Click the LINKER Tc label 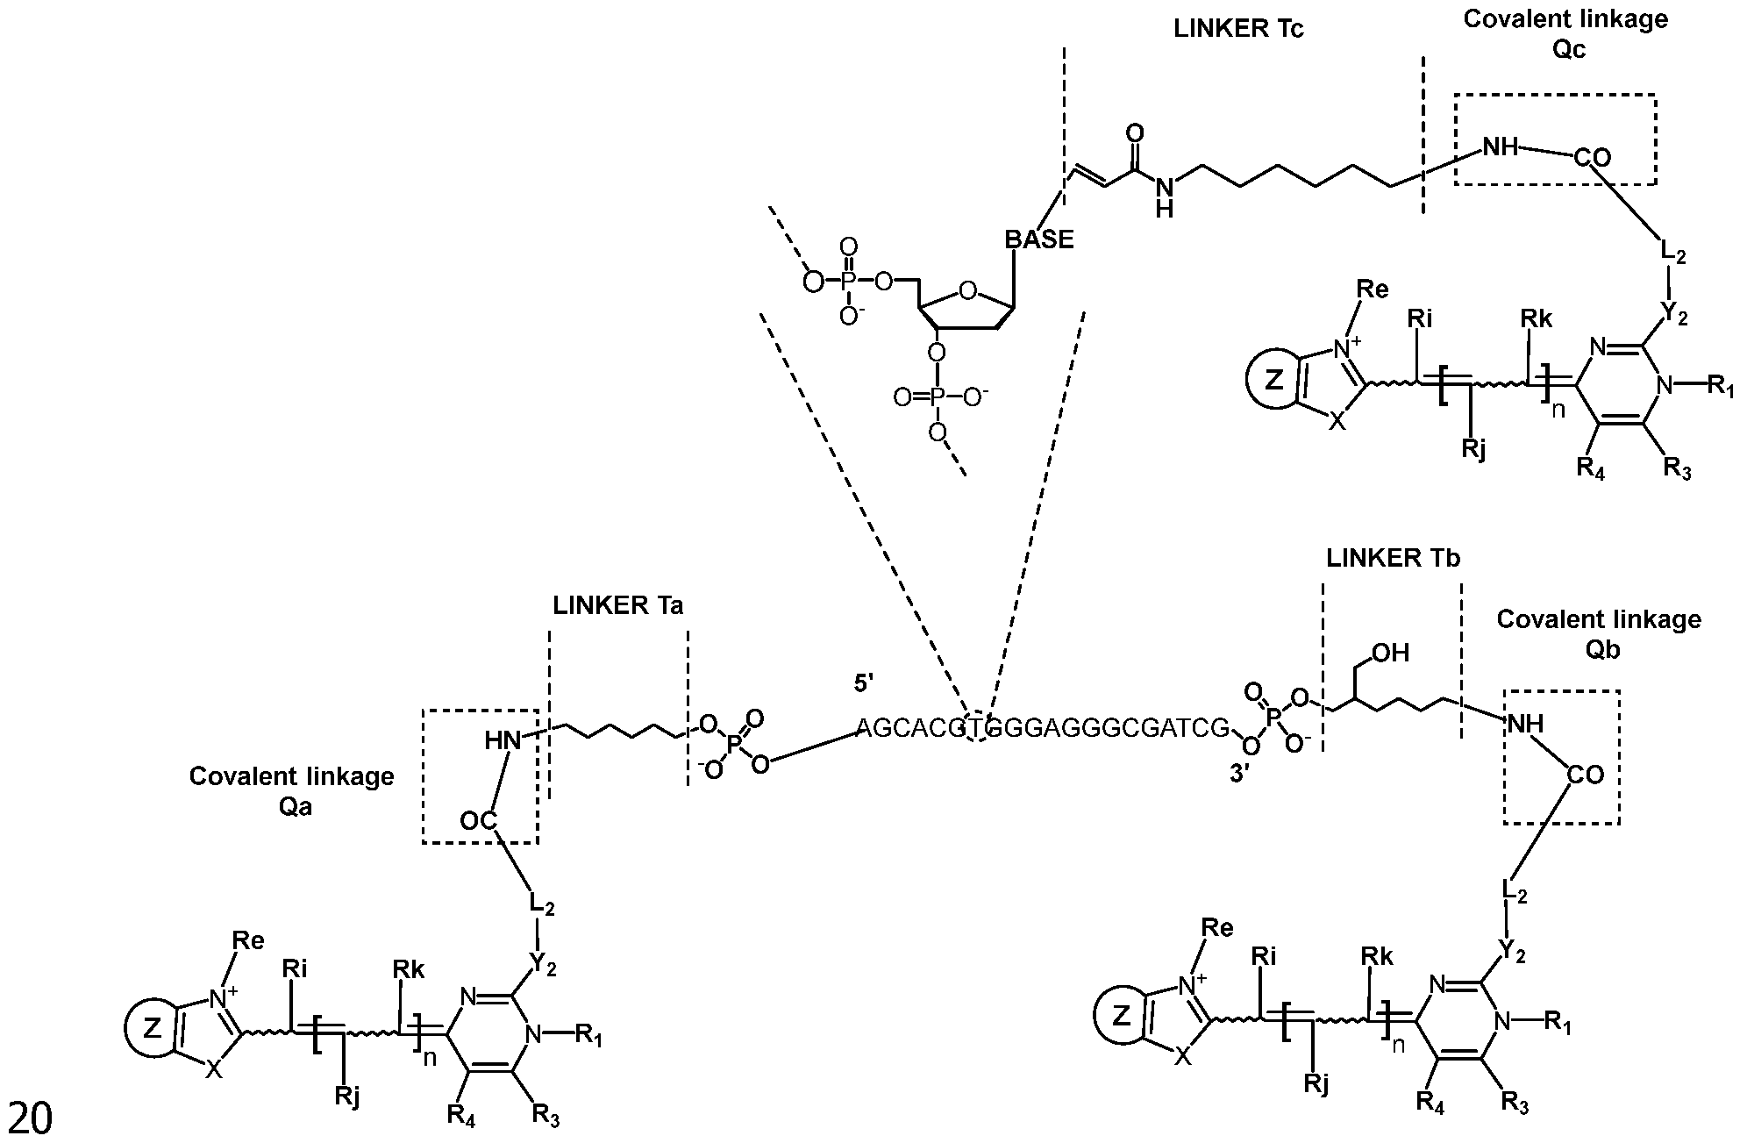tap(1238, 29)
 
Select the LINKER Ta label tap(617, 605)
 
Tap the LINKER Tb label tap(1393, 558)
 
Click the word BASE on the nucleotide tap(1038, 239)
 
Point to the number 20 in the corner tap(30, 1119)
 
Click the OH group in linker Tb tap(1391, 654)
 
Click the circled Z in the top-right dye tap(1275, 380)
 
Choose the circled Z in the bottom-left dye tap(152, 1032)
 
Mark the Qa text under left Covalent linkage tap(296, 806)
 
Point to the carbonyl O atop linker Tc tap(1135, 134)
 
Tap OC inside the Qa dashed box tap(479, 821)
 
